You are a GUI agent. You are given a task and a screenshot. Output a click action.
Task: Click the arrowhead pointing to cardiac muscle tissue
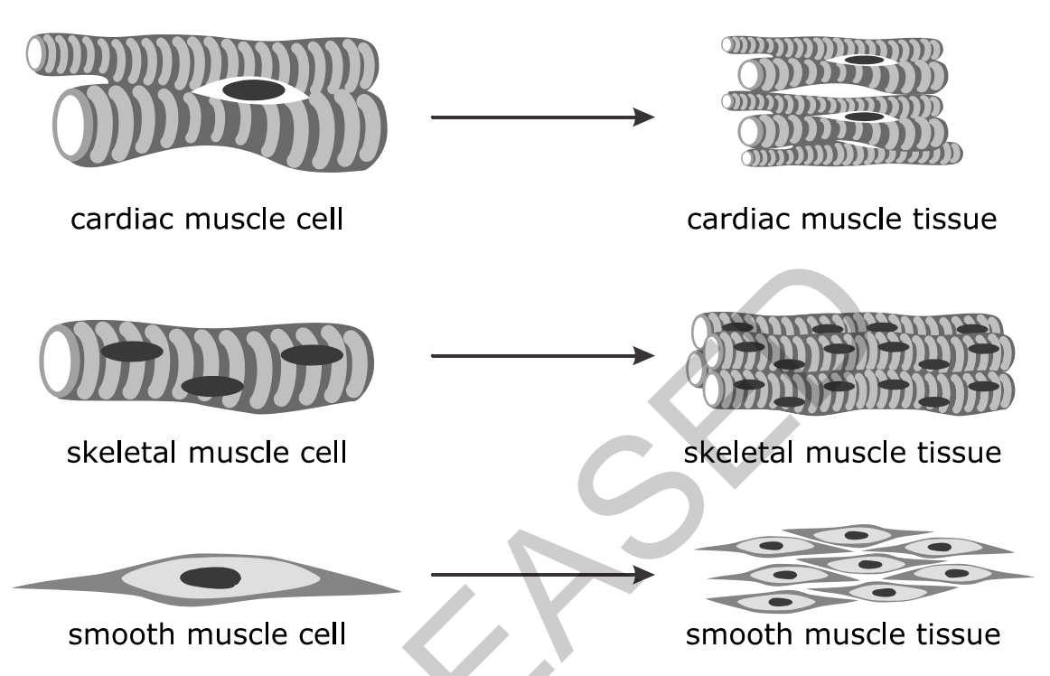[643, 117]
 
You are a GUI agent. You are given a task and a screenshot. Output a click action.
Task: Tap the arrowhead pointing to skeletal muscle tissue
[643, 356]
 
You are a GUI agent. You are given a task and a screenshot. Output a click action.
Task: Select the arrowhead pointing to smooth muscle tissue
[643, 575]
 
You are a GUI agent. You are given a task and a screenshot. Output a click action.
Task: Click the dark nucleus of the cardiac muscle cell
[254, 89]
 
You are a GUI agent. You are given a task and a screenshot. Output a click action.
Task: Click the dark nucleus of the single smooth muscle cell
[211, 578]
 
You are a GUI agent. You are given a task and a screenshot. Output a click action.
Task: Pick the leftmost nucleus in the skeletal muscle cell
[132, 352]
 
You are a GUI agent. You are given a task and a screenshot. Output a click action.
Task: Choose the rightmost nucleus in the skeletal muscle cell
[312, 354]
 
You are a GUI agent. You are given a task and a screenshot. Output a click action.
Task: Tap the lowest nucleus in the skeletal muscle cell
[212, 387]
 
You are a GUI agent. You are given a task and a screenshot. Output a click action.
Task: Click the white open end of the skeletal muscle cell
[58, 361]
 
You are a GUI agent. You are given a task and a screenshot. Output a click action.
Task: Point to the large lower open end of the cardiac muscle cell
[69, 126]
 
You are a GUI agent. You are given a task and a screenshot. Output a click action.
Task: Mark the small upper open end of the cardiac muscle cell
[34, 54]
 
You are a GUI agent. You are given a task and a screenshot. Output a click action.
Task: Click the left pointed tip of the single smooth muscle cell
[14, 588]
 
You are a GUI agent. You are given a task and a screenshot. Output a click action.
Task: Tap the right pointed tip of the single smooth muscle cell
[399, 591]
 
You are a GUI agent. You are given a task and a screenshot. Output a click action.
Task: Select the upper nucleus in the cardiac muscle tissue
[864, 61]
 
